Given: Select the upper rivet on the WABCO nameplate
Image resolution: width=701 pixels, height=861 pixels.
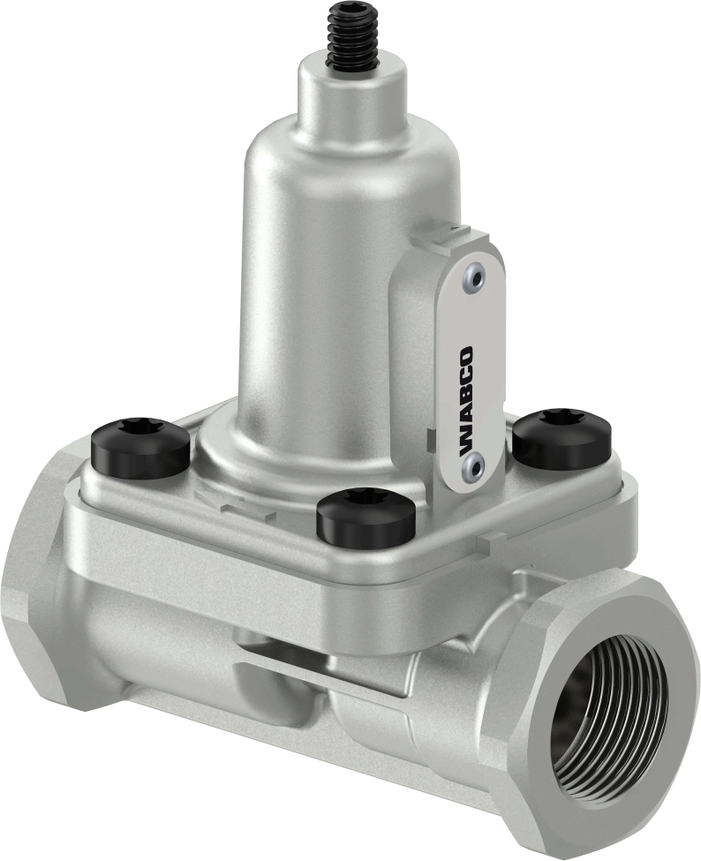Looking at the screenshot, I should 478,279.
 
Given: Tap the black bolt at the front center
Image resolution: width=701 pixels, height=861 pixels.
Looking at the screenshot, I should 366,517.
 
